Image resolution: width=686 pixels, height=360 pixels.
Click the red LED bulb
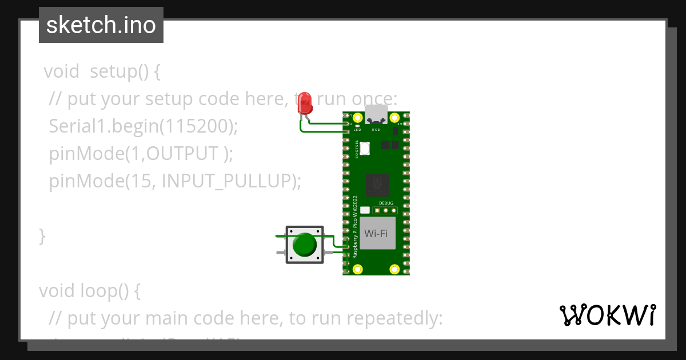point(306,103)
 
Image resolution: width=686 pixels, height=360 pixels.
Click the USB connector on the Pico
point(376,114)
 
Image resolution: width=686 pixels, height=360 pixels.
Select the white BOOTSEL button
point(365,148)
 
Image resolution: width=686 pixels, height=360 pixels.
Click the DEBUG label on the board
point(386,203)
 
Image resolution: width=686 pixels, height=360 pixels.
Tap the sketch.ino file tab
point(101,25)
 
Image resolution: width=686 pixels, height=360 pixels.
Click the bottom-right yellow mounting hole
point(394,269)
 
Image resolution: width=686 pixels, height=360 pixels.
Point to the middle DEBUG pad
point(385,210)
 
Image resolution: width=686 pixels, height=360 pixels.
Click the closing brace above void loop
point(42,235)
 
